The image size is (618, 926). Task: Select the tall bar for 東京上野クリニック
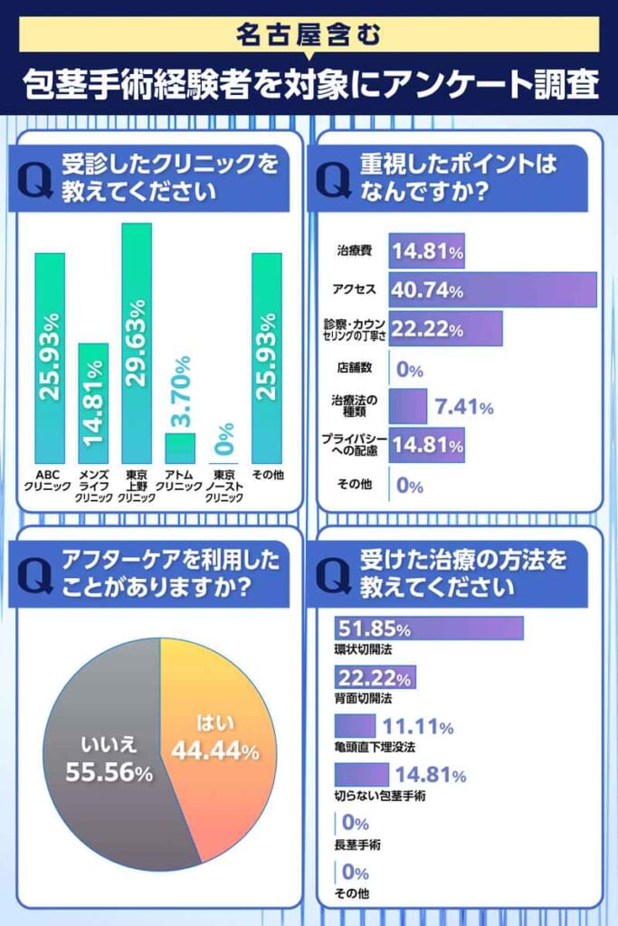point(137,344)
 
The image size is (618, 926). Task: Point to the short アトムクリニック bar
point(179,448)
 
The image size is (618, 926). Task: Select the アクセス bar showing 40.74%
point(492,289)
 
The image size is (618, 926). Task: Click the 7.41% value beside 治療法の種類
point(461,407)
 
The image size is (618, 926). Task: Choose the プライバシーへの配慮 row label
point(355,445)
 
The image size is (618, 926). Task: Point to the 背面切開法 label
point(363,699)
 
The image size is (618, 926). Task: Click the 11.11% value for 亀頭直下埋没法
point(417,726)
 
